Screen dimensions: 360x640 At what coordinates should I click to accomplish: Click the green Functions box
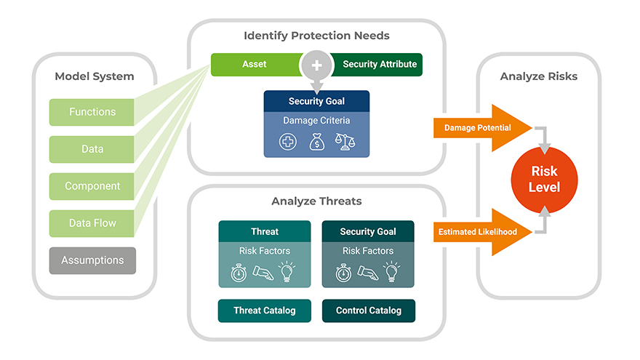92,112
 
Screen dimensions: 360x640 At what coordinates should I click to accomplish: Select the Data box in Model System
92,149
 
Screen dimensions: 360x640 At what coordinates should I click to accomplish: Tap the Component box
92,186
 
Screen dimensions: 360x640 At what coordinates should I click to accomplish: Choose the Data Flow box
92,223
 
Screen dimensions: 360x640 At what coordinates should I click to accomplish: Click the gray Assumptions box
92,260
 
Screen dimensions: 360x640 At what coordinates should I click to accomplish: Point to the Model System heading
95,76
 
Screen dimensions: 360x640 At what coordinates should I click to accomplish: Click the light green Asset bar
254,64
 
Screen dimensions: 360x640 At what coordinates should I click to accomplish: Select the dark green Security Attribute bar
379,64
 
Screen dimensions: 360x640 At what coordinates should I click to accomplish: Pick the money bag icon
316,142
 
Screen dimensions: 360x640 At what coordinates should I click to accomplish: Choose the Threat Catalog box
265,311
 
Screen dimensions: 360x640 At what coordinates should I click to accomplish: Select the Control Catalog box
368,311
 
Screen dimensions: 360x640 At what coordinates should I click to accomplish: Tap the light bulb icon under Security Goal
393,273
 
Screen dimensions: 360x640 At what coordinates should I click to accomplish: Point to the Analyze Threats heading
316,201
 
